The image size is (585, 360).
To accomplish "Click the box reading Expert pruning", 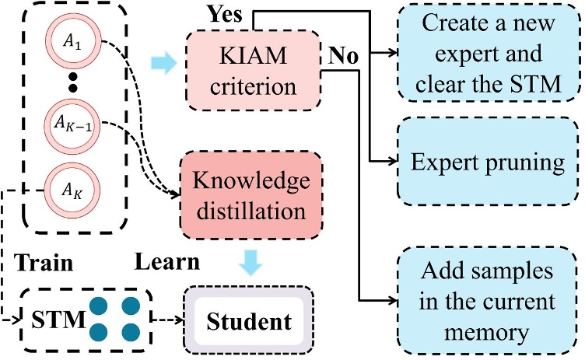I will coord(487,163).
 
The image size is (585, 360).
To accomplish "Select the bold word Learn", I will coord(166,263).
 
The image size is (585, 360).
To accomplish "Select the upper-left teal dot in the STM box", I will coord(100,306).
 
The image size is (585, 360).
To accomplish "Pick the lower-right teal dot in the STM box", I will coord(130,333).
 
